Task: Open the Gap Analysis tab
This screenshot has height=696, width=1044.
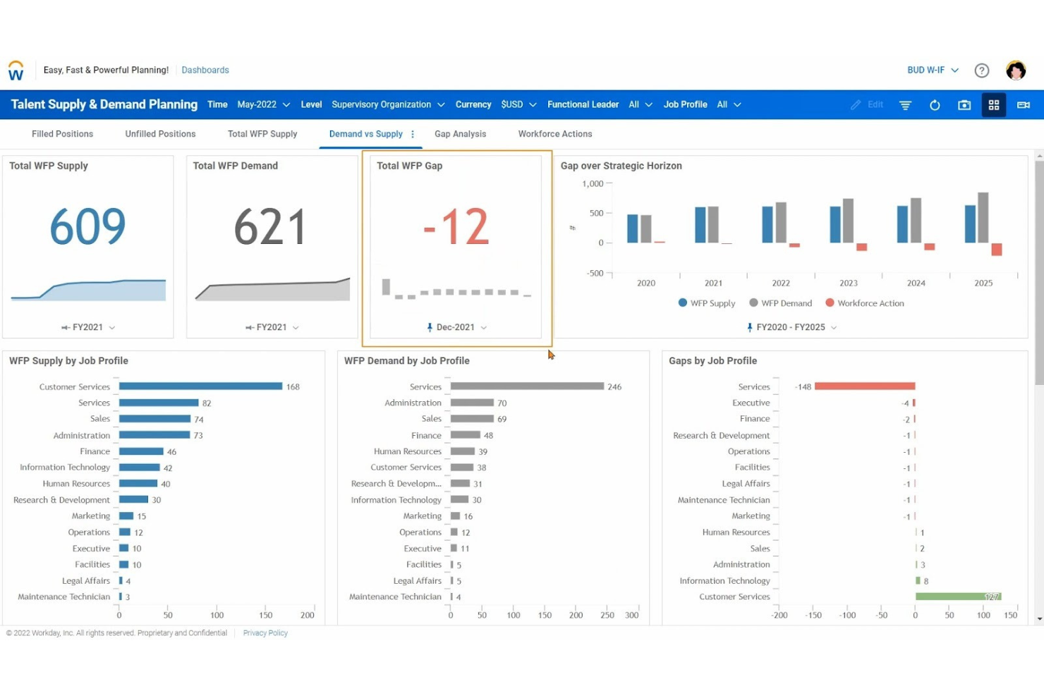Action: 460,134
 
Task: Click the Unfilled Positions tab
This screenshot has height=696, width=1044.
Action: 160,134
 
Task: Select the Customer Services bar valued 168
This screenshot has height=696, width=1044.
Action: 200,386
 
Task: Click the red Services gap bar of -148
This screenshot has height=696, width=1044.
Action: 864,386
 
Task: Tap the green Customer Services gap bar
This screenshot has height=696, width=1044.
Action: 957,597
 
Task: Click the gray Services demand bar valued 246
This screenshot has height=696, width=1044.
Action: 527,386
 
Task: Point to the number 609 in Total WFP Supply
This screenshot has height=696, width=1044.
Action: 87,227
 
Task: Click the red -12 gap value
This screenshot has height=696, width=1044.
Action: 456,227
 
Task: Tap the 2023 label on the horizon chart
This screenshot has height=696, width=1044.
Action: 848,283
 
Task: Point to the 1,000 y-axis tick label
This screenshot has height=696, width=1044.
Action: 593,184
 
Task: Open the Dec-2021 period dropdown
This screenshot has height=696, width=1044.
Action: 456,327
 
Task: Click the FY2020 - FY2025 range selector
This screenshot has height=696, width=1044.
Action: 791,327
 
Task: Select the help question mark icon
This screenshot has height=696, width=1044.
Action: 981,71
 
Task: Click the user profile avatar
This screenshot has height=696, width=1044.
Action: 1015,71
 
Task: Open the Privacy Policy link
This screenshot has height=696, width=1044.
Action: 265,633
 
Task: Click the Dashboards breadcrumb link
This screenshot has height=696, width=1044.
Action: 205,70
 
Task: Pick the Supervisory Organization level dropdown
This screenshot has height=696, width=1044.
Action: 387,104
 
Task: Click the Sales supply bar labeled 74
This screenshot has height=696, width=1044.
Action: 154,419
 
